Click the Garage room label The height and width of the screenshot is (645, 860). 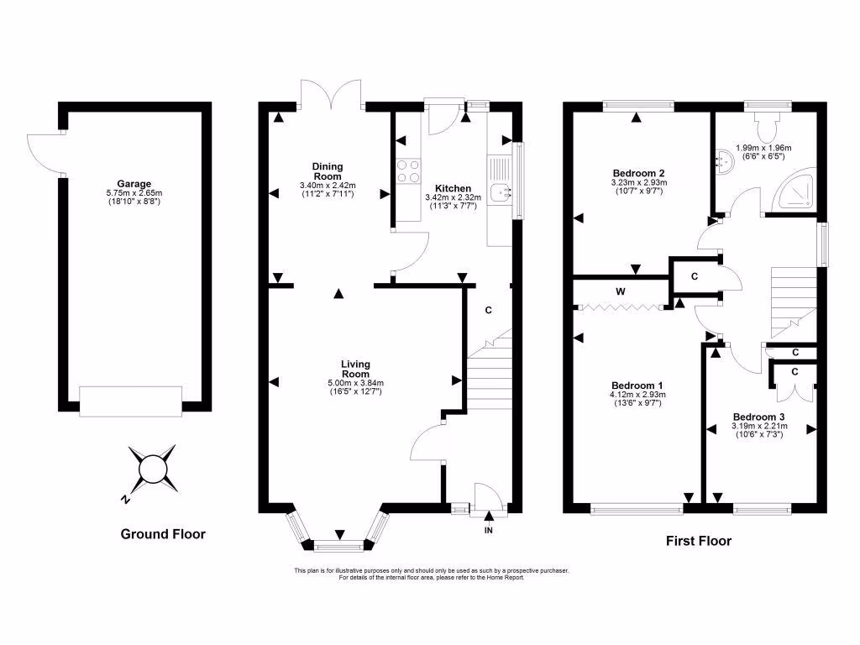coord(134,183)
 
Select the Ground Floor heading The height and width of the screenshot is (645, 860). coord(163,534)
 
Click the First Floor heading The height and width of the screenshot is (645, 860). coord(698,541)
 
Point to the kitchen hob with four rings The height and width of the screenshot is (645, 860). coord(407,171)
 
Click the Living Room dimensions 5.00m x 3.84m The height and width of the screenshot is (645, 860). coord(355,383)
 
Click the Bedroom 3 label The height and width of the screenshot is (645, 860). coord(759,417)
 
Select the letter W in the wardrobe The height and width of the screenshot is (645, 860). coord(621,291)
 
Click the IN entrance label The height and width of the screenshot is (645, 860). coord(488,531)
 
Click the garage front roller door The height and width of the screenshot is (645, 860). coord(130,401)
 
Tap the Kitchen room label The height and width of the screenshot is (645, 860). coord(453,188)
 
